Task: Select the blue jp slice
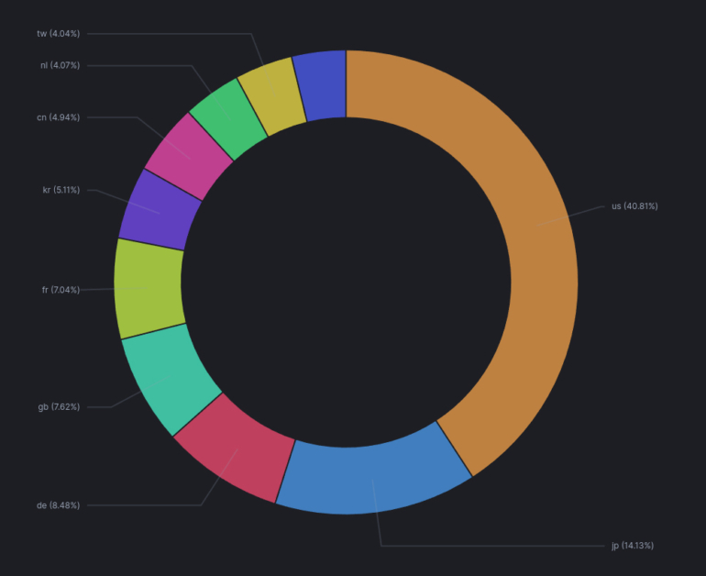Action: (x=376, y=477)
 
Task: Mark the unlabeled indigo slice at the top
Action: (x=321, y=85)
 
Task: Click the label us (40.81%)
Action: (x=634, y=206)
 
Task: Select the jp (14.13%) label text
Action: (x=633, y=546)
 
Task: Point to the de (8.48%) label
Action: (x=58, y=505)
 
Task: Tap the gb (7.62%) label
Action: (x=59, y=406)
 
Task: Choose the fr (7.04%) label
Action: (x=61, y=290)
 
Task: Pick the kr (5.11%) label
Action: (x=61, y=190)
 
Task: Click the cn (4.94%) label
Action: (x=58, y=117)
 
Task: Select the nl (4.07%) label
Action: (x=60, y=65)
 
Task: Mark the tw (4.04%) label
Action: (x=58, y=33)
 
